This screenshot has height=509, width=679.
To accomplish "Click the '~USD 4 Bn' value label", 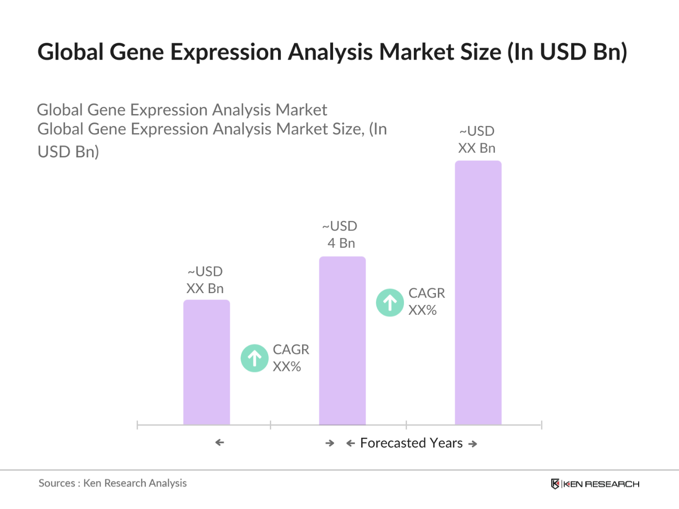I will click(340, 235).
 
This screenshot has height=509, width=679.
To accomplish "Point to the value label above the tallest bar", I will click(476, 140).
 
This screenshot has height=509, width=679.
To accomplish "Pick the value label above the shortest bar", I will click(205, 280).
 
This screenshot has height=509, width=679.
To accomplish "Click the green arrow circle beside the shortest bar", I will click(254, 358).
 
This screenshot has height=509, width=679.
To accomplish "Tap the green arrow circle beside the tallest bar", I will click(390, 302).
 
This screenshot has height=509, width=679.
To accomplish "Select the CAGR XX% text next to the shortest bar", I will click(290, 358).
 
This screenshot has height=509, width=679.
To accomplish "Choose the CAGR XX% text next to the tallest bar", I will click(426, 301).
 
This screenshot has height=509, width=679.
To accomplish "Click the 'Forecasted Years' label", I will click(411, 443).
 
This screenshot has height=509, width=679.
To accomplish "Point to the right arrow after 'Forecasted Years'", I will click(473, 444).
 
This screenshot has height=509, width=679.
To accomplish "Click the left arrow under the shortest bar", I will click(219, 443).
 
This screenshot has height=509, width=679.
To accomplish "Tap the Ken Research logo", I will click(595, 484).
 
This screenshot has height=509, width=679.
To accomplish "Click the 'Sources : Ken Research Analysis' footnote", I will click(113, 483).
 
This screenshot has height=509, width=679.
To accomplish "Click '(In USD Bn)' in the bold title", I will click(567, 52).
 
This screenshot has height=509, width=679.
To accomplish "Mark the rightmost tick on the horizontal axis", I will click(541, 425).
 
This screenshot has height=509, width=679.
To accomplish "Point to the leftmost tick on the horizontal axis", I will click(137, 425).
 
